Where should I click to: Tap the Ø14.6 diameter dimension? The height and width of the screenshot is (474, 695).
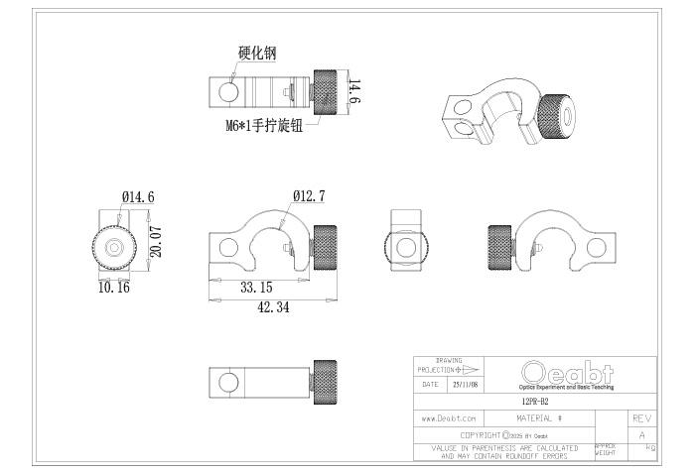[137, 197]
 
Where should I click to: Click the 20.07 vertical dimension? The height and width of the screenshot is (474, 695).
[156, 242]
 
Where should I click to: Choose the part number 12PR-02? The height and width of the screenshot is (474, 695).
[535, 403]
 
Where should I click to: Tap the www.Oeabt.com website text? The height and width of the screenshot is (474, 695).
[449, 419]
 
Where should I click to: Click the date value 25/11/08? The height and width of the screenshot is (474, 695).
[465, 383]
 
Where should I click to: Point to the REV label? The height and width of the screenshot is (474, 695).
[641, 419]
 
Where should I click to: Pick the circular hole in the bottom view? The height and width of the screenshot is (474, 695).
[227, 381]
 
